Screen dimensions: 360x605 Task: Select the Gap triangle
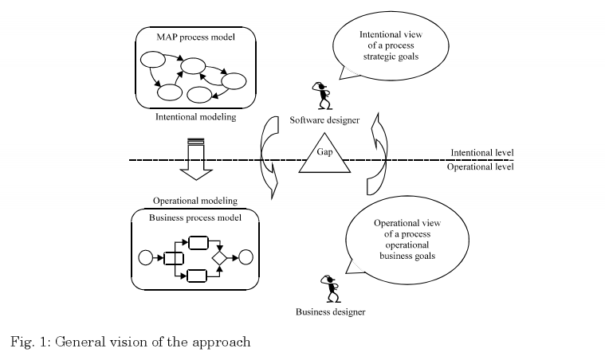coord(324,156)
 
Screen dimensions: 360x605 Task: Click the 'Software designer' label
coord(325,120)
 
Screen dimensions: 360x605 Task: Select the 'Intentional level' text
coord(481,153)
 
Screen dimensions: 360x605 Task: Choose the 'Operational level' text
coord(481,167)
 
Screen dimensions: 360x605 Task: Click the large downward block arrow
coord(194,159)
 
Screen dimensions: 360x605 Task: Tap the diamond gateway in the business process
coord(221,257)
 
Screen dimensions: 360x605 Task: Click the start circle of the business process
coord(145,257)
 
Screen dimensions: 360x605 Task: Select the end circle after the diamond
coord(246,257)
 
